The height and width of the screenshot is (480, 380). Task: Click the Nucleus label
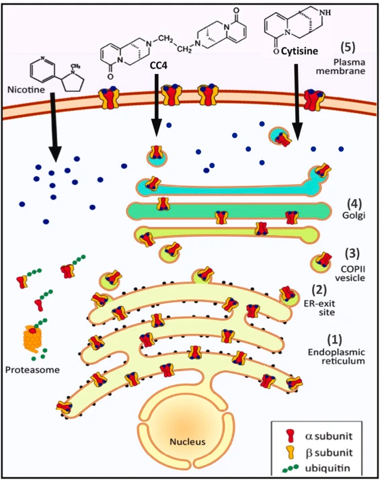click(x=188, y=442)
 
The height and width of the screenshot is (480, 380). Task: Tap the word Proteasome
click(x=32, y=370)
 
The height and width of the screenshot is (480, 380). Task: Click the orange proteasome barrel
click(x=32, y=339)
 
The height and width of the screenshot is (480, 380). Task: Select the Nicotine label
click(x=26, y=89)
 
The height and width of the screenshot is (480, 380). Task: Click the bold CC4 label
click(x=159, y=65)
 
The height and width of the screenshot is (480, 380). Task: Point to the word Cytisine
click(x=299, y=51)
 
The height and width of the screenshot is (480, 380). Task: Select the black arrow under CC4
click(x=156, y=104)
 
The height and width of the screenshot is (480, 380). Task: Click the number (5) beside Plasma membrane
click(x=348, y=47)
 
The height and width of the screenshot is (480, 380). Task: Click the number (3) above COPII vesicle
click(x=352, y=253)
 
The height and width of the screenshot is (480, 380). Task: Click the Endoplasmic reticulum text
click(x=336, y=356)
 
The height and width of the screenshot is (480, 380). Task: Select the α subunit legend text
click(x=329, y=436)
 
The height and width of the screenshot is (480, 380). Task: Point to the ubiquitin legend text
click(x=327, y=469)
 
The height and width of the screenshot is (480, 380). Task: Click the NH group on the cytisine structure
click(x=325, y=13)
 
